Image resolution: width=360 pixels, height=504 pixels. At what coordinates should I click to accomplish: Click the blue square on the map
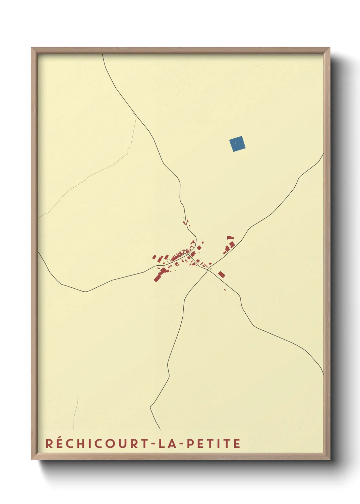pos(237,144)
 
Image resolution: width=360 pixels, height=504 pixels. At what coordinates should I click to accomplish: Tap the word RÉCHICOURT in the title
pos(96,443)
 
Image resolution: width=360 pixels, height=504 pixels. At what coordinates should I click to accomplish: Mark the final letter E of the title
pos(237,443)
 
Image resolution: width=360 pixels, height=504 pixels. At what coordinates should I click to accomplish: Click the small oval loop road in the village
pos(169,261)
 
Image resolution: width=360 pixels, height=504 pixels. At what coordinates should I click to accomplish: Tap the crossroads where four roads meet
pos(208,269)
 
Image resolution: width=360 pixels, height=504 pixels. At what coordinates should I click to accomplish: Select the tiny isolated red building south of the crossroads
pos(225,290)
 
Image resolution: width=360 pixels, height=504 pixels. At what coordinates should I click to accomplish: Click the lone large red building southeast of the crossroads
pos(222,274)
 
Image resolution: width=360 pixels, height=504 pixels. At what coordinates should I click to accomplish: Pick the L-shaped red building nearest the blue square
pos(230,238)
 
